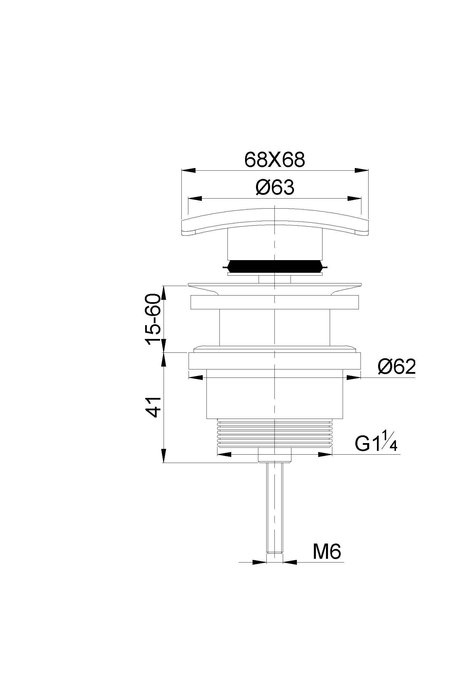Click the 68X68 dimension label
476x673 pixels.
(275, 160)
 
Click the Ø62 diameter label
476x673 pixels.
(397, 366)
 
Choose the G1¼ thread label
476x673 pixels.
(376, 444)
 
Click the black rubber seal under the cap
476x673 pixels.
(275, 266)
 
